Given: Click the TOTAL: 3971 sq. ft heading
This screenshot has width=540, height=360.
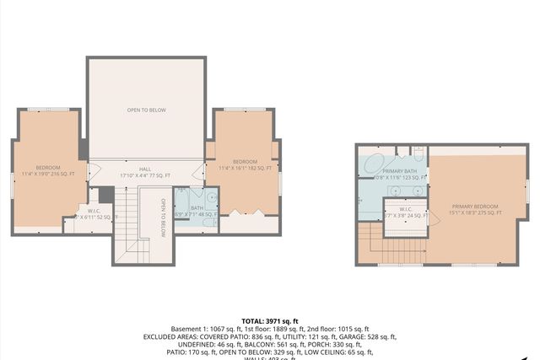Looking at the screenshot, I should [269, 321].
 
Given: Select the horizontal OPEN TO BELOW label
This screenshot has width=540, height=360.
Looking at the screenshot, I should [146, 110].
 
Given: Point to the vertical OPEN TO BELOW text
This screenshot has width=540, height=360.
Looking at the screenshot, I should [163, 218].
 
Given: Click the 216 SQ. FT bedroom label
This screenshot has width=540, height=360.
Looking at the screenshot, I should [48, 171].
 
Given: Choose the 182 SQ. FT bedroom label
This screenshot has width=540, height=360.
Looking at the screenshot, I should [245, 165].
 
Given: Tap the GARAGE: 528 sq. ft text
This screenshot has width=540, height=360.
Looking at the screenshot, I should [370, 336].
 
